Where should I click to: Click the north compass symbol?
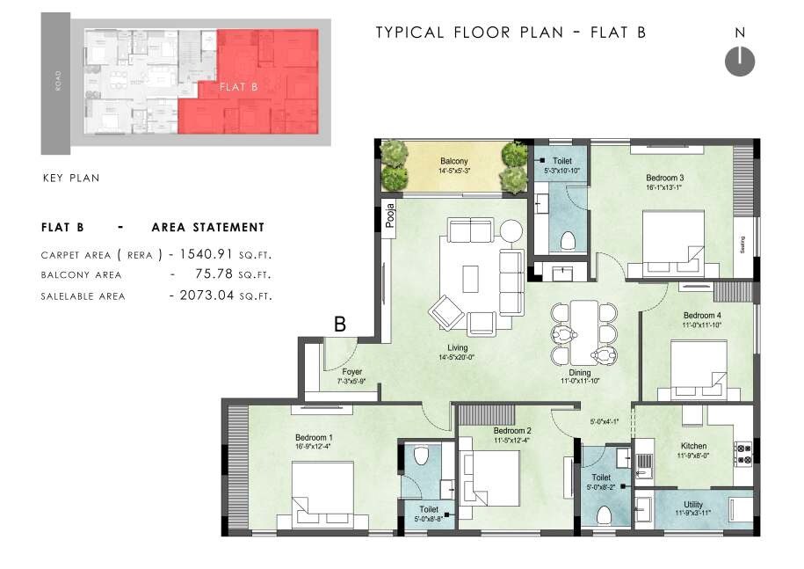tap(740, 61)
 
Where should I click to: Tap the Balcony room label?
tap(454, 161)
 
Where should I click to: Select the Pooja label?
tap(390, 216)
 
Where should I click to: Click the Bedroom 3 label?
tap(664, 178)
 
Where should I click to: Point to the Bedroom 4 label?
tap(701, 316)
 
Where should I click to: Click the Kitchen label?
tap(693, 446)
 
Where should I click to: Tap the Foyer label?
tap(351, 372)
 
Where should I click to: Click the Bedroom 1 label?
tap(314, 437)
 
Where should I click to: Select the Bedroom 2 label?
tap(512, 430)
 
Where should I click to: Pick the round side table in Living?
tap(511, 230)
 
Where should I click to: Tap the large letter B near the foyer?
tap(339, 325)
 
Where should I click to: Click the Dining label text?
tap(579, 372)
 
